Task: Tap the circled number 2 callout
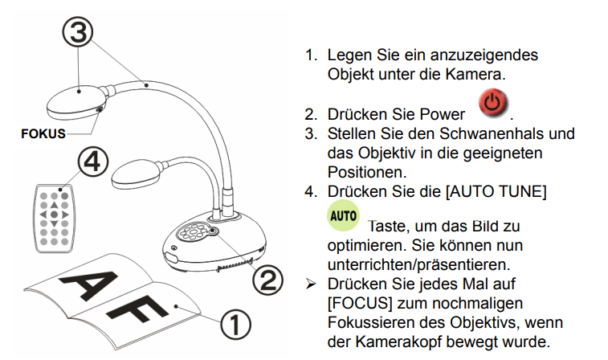[268, 279]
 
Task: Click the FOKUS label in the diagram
[43, 133]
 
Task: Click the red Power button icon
[494, 104]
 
